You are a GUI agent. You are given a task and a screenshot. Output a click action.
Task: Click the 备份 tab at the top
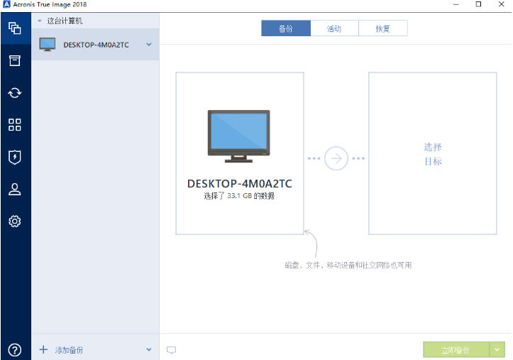pyautogui.click(x=286, y=28)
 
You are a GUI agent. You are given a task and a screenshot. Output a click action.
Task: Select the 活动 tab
pyautogui.click(x=334, y=28)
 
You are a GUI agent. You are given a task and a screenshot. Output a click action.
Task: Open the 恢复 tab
pyautogui.click(x=382, y=28)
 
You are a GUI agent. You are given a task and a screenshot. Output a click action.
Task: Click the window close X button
pyautogui.click(x=501, y=4)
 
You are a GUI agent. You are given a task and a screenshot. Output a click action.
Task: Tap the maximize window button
pyautogui.click(x=478, y=4)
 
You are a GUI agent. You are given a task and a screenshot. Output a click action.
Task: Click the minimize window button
pyautogui.click(x=456, y=4)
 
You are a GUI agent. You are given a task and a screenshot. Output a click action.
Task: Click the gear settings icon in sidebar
pyautogui.click(x=15, y=222)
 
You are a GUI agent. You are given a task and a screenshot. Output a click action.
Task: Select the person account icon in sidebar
pyautogui.click(x=15, y=189)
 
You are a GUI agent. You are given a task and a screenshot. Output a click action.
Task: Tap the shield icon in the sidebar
pyautogui.click(x=15, y=157)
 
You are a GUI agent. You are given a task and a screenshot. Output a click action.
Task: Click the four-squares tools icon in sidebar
pyautogui.click(x=15, y=125)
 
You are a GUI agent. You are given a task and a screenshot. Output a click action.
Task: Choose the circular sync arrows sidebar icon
pyautogui.click(x=15, y=92)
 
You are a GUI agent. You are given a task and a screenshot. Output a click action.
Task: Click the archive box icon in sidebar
pyautogui.click(x=15, y=60)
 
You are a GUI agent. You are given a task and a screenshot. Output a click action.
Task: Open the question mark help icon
pyautogui.click(x=15, y=350)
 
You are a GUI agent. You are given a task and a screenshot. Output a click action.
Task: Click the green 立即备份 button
pyautogui.click(x=456, y=350)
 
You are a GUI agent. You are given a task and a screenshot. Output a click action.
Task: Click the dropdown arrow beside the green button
pyautogui.click(x=497, y=350)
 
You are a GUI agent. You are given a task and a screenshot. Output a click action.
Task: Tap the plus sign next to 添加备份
pyautogui.click(x=43, y=349)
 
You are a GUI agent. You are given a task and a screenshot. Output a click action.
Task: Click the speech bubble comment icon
pyautogui.click(x=171, y=350)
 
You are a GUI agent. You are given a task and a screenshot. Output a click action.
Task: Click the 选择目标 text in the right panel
pyautogui.click(x=433, y=154)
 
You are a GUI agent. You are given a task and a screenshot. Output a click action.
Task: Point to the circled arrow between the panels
pyautogui.click(x=336, y=158)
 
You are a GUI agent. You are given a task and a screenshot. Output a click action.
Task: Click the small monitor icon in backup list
pyautogui.click(x=48, y=45)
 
